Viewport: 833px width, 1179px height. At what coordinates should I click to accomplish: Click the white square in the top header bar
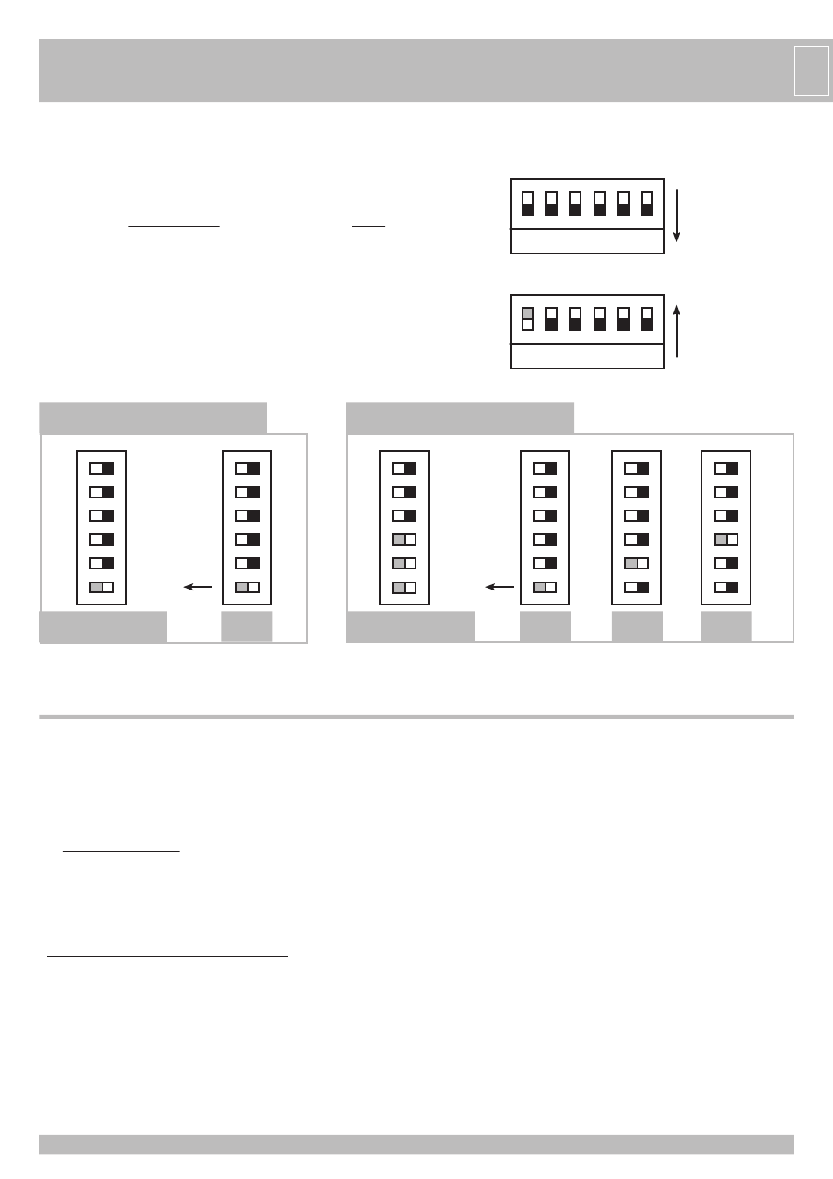pos(811,71)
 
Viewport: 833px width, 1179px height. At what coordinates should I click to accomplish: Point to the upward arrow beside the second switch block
pos(676,331)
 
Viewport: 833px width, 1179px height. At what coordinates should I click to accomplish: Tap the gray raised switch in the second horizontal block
pos(528,314)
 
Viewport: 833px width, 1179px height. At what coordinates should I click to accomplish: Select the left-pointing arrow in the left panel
pos(198,587)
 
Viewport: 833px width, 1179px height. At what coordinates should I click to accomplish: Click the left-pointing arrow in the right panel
pos(500,587)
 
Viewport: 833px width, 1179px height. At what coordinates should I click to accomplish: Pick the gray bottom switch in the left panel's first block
pos(96,587)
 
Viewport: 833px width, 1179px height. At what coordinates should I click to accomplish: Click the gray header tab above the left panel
pos(153,418)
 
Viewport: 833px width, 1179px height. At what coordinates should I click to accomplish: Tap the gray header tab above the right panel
pos(460,418)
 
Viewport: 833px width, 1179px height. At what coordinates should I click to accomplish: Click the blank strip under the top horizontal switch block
pos(587,241)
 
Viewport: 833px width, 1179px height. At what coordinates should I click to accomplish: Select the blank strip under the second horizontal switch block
pos(587,356)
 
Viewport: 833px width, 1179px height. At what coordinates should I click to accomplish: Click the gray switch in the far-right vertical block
pos(720,539)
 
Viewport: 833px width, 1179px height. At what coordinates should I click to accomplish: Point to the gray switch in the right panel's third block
pos(630,563)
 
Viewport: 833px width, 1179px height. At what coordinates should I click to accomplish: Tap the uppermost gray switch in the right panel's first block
pos(398,539)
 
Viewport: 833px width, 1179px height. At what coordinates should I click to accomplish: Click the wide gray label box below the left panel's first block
pos(103,627)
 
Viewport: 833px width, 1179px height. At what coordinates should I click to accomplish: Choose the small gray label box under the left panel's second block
pos(246,627)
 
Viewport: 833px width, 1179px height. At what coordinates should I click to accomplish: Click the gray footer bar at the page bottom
pos(416,1145)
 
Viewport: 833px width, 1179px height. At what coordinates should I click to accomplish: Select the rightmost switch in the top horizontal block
pos(647,204)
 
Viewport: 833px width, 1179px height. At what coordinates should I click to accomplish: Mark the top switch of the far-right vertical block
pos(726,468)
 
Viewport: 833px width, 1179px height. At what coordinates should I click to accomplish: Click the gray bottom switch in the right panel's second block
pos(539,587)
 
